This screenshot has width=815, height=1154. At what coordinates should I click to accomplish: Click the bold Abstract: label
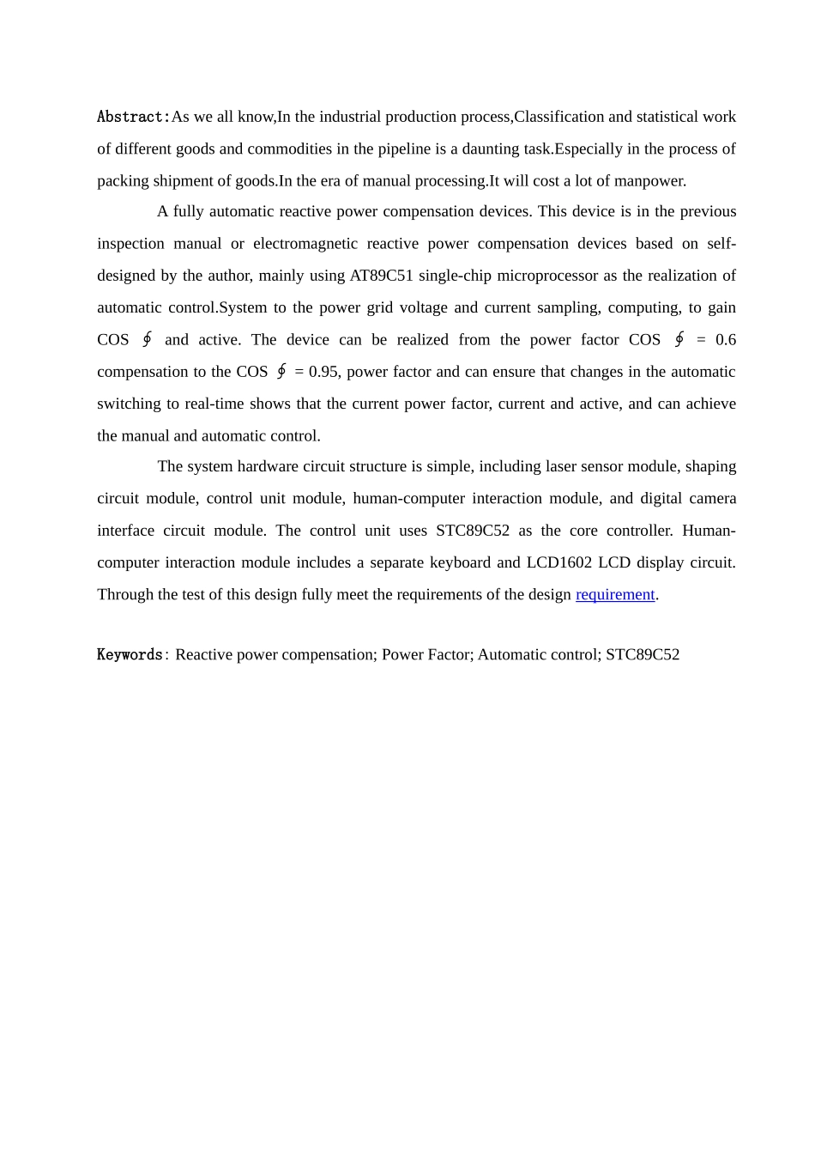[133, 117]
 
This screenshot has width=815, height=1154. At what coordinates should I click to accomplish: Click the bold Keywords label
[130, 654]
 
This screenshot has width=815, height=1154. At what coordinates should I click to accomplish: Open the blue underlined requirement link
[615, 594]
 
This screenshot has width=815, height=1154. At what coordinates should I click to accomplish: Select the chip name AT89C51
[382, 276]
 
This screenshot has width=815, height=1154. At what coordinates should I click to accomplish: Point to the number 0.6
[725, 339]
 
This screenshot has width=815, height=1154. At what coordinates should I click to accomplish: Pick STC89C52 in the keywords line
[643, 654]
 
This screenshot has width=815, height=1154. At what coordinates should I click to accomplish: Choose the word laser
[563, 466]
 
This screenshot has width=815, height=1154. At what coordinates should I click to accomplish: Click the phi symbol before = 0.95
[281, 372]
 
